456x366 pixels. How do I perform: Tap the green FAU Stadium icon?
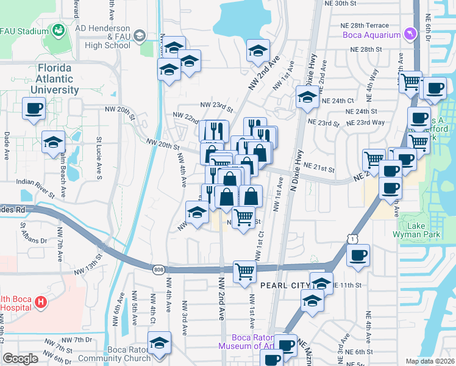coord(59,30)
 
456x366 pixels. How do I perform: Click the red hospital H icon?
coord(40,301)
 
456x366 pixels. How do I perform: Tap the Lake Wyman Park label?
coord(425,231)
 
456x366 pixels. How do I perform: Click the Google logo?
coord(20,359)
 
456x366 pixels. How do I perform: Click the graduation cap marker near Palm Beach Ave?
coord(54,142)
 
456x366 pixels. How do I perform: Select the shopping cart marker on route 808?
coord(244,271)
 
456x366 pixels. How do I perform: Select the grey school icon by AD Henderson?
coord(140,37)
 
